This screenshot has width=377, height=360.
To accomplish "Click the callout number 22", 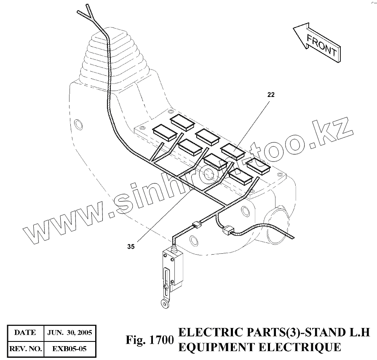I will pos(270,95).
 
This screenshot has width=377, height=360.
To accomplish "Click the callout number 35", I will pos(131,247).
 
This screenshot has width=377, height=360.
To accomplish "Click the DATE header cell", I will pos(25,332).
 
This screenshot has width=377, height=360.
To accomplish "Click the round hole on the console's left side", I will pos(78,124).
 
